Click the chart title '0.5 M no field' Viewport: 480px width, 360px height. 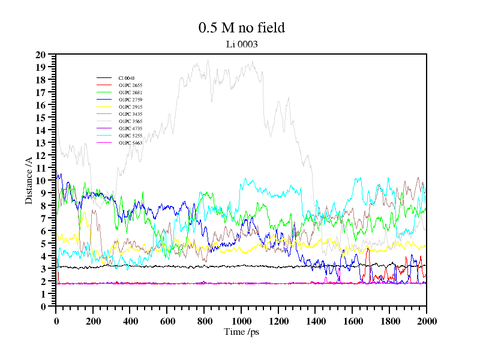pyautogui.click(x=241, y=28)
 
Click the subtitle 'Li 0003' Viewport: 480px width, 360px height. pyautogui.click(x=241, y=44)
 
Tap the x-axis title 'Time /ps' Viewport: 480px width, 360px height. pyautogui.click(x=241, y=332)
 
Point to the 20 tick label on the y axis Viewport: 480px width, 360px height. pyautogui.click(x=41, y=55)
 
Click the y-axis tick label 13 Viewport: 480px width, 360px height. pyautogui.click(x=41, y=143)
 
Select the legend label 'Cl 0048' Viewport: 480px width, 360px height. pyautogui.click(x=127, y=78)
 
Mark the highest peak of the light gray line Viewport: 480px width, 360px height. pyautogui.click(x=208, y=59)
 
